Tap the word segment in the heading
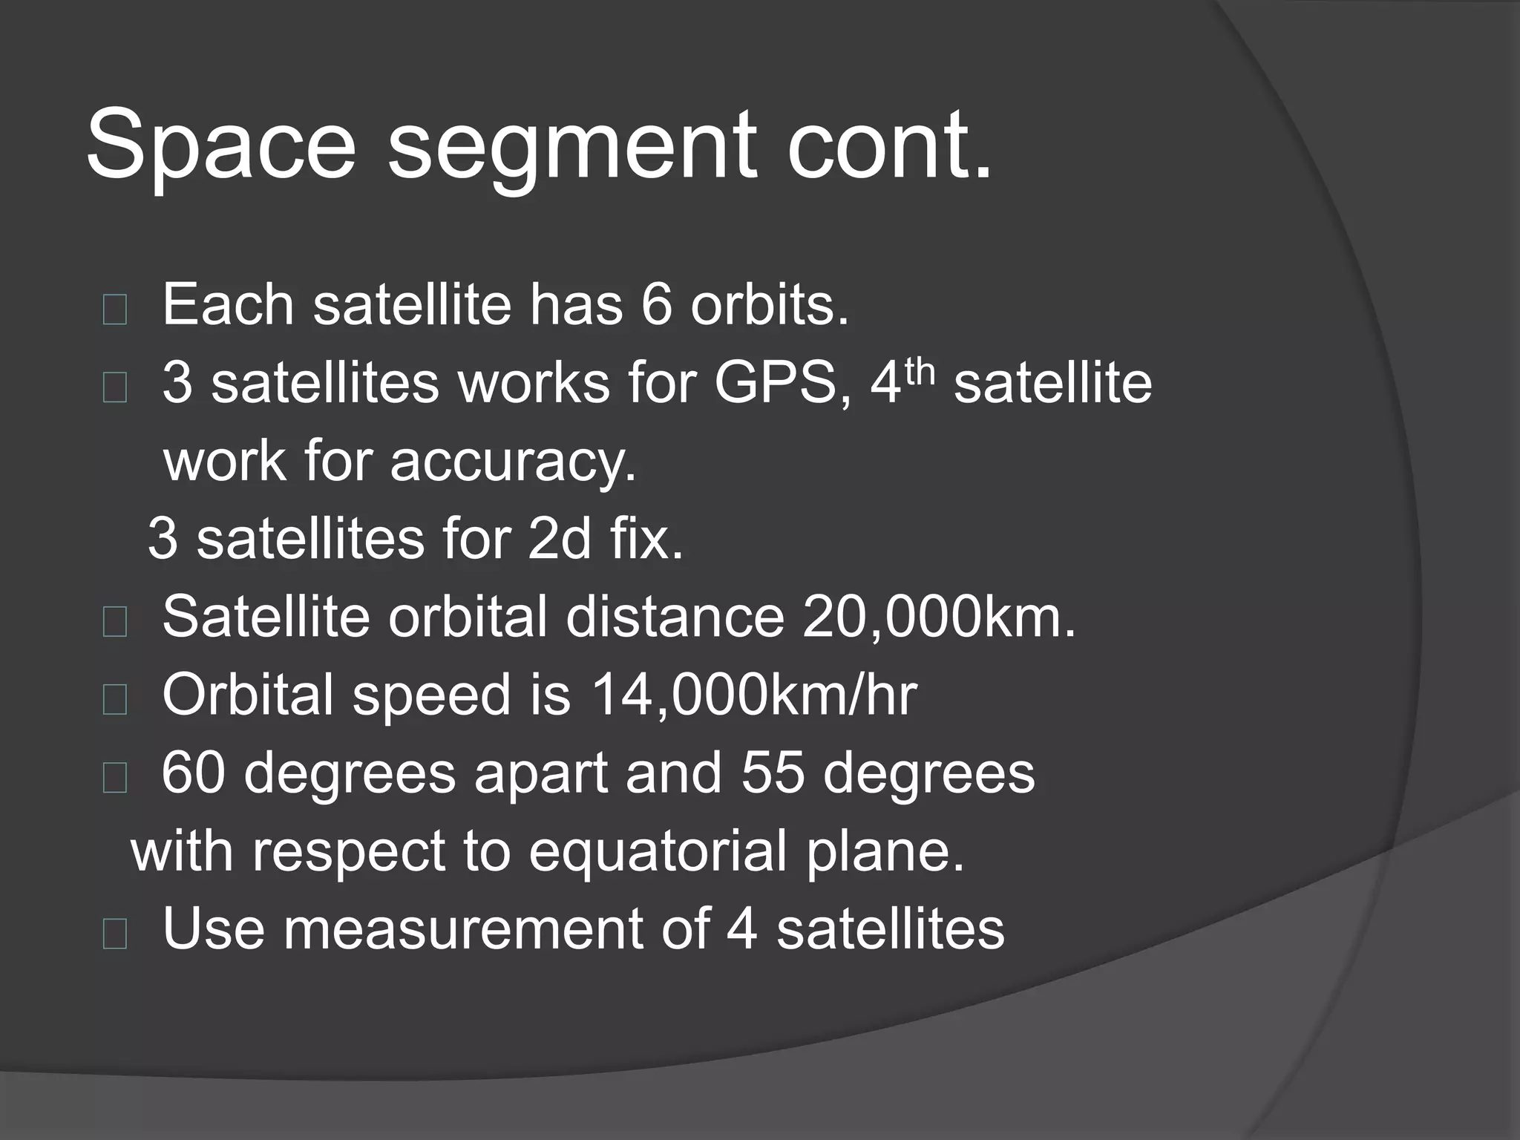pos(571,148)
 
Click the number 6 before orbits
pos(655,305)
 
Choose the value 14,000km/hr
pos(754,695)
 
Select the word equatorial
pos(658,852)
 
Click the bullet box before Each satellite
pos(115,309)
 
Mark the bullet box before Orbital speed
pos(115,699)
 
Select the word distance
pos(675,617)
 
